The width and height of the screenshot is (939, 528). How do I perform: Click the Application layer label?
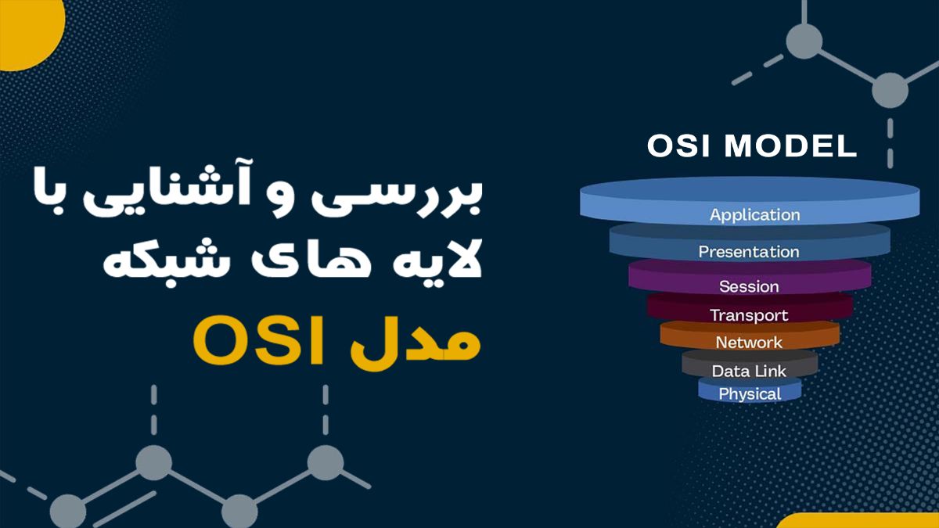coord(754,214)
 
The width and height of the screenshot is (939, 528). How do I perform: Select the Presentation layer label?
coord(749,252)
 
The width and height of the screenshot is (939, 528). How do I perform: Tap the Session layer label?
coord(749,286)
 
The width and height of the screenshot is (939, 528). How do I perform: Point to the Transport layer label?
coord(749,315)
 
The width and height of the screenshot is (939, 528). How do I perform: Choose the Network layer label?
coord(749,343)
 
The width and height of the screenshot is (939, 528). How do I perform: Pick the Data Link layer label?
coord(749,371)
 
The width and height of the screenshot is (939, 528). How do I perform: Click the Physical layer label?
coord(749,394)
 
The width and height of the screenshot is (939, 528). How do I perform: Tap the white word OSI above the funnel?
coord(676,147)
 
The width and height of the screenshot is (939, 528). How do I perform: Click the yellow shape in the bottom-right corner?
coord(861,521)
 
